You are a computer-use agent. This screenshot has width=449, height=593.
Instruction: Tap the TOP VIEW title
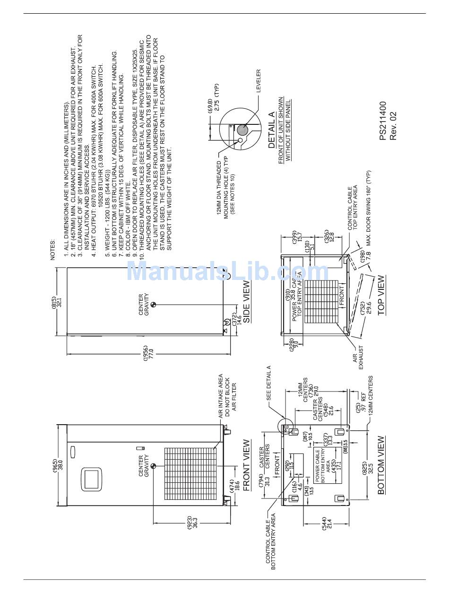coord(381,295)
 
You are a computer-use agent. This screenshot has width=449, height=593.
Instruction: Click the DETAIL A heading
coord(271,131)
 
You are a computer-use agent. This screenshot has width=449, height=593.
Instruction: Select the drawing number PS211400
coord(383,121)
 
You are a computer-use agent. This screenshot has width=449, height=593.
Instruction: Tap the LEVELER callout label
coord(259,81)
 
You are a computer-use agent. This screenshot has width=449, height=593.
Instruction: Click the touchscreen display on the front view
coord(92,479)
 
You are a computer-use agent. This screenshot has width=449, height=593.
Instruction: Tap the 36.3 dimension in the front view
coord(194,522)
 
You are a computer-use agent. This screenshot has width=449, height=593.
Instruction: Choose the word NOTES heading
coord(53,249)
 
